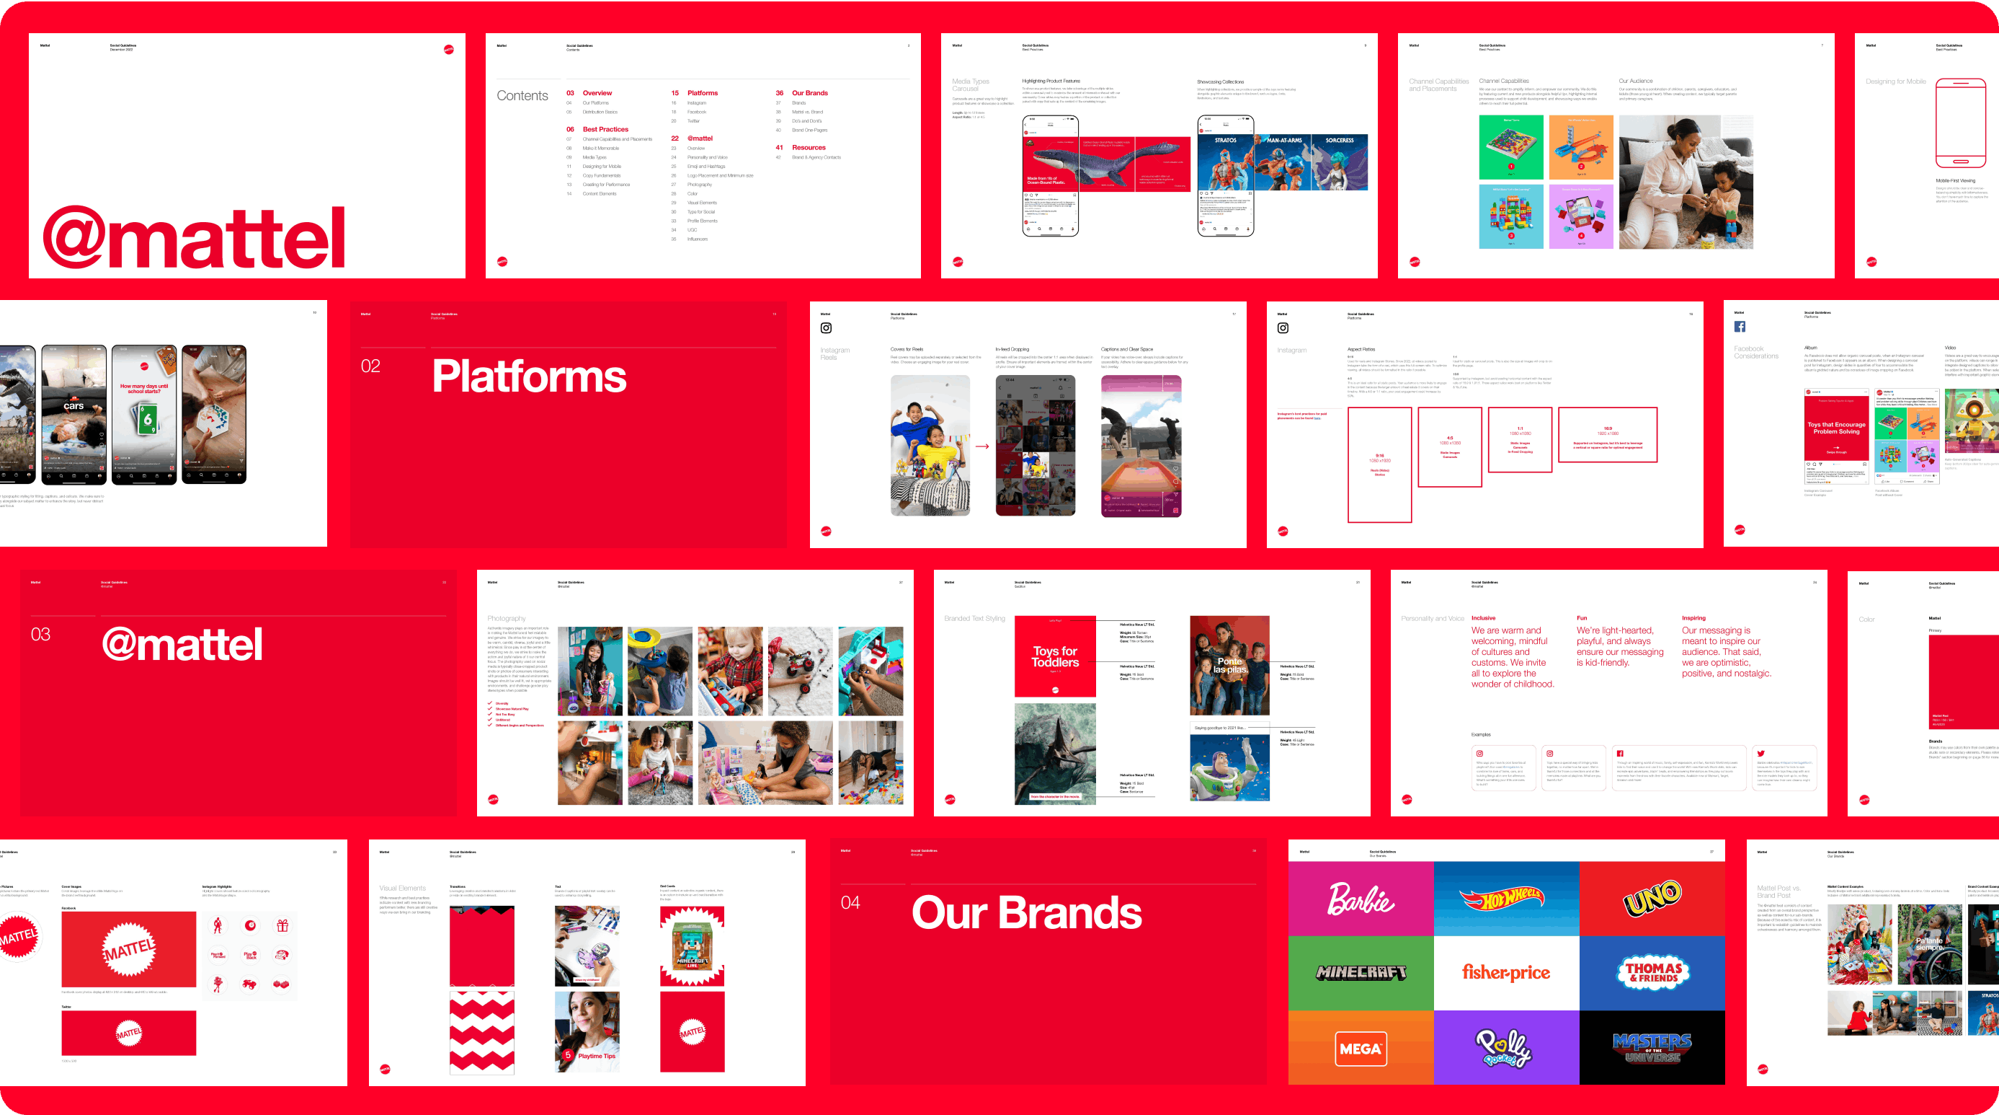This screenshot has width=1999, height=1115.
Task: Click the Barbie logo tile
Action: (x=1361, y=899)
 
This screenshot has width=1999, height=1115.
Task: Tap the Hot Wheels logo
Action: (x=1505, y=899)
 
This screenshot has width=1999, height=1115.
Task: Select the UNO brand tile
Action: (x=1652, y=899)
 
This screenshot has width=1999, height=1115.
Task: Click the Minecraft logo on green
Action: (x=1361, y=972)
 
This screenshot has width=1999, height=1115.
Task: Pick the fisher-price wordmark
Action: (x=1505, y=972)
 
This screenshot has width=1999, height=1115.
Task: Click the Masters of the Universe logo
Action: (x=1652, y=1048)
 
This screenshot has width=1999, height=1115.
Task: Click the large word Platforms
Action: (x=528, y=376)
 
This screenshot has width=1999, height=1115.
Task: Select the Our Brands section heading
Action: (x=1026, y=912)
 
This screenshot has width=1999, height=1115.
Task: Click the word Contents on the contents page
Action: (x=522, y=95)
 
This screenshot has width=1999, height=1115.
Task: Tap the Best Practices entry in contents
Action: (x=605, y=130)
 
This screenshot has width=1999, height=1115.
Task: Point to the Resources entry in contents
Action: (x=808, y=148)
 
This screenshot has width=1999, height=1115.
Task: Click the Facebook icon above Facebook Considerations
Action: (x=1739, y=327)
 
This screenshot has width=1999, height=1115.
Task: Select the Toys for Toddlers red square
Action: (x=1054, y=656)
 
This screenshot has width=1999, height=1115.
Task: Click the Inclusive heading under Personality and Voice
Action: (x=1483, y=618)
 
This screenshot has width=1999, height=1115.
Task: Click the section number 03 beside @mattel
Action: (x=40, y=635)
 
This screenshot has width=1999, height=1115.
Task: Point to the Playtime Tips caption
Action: (x=596, y=1056)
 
